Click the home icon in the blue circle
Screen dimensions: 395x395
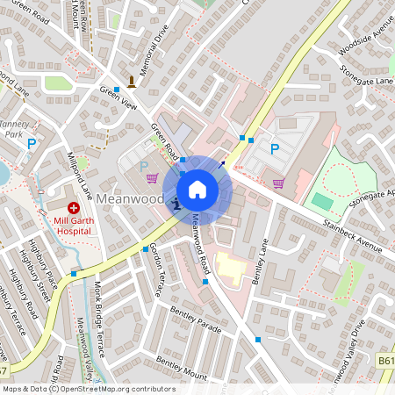[x=197, y=189]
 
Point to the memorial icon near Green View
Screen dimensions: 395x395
[x=132, y=83]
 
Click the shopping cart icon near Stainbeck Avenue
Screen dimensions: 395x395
[x=278, y=183]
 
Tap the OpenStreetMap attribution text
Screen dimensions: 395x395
[x=88, y=389]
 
